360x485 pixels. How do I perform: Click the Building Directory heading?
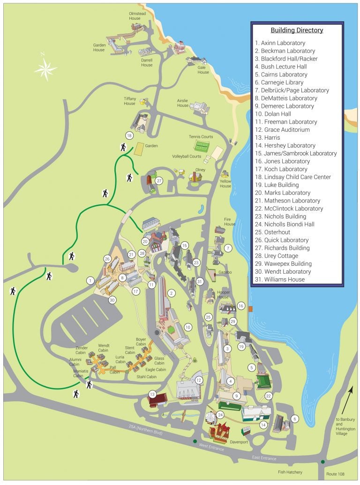coord(297,30)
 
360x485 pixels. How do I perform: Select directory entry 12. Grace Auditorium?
coord(282,129)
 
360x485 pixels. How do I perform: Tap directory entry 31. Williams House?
coord(280,279)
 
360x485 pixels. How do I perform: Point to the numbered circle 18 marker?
coord(130,135)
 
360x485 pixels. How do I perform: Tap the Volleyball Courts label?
coord(186,157)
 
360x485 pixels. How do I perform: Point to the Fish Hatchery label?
coord(290,472)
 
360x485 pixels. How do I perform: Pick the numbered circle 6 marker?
coord(294,418)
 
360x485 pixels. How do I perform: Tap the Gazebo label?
coord(225,272)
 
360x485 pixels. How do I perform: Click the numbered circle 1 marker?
coord(90,280)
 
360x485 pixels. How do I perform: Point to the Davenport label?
coord(239,441)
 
